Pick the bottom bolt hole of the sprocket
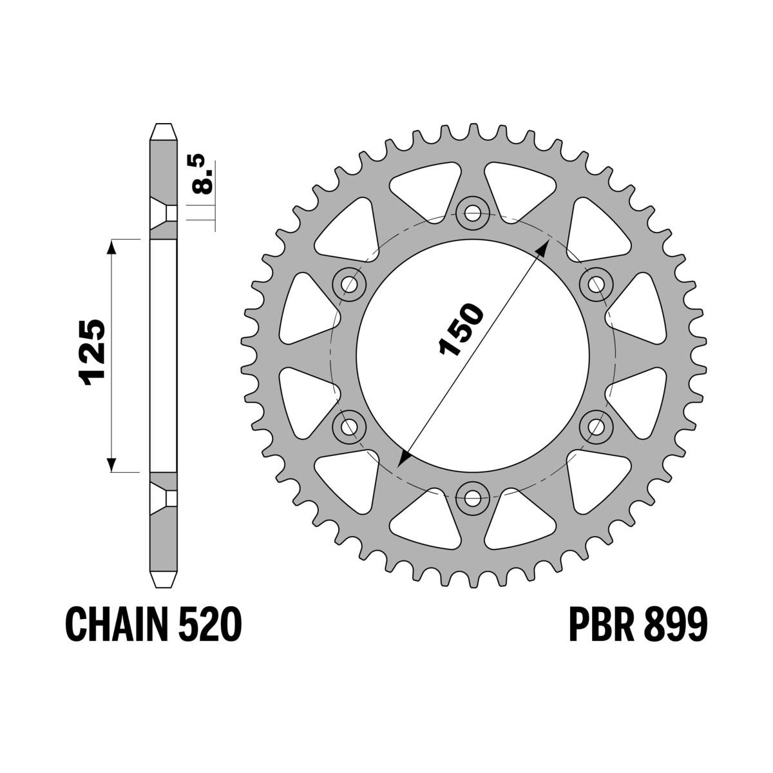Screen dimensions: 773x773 473,496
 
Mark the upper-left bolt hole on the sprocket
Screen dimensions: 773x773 350,283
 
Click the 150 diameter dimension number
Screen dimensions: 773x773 461,329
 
